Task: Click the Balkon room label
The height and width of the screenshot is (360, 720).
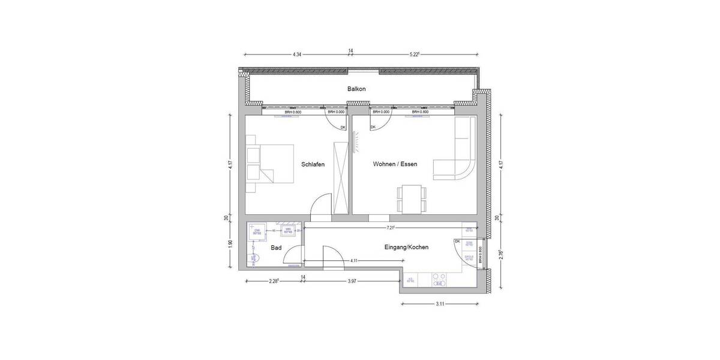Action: [x=356, y=89]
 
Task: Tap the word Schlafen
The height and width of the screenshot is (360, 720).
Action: [x=313, y=164]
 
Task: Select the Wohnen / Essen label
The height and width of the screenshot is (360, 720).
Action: [x=394, y=164]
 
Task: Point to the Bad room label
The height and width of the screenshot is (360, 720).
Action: [x=276, y=247]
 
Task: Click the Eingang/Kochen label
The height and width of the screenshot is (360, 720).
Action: [x=406, y=247]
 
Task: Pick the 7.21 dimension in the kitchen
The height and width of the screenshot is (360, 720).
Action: [x=391, y=228]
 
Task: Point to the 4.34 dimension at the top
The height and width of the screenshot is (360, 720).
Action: [x=296, y=54]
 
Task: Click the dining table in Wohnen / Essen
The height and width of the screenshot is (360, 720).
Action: [x=412, y=198]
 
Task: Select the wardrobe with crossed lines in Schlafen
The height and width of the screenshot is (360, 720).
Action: [x=341, y=177]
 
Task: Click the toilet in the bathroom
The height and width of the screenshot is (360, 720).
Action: [x=254, y=258]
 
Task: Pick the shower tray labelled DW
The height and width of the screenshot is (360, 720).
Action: [x=256, y=232]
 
